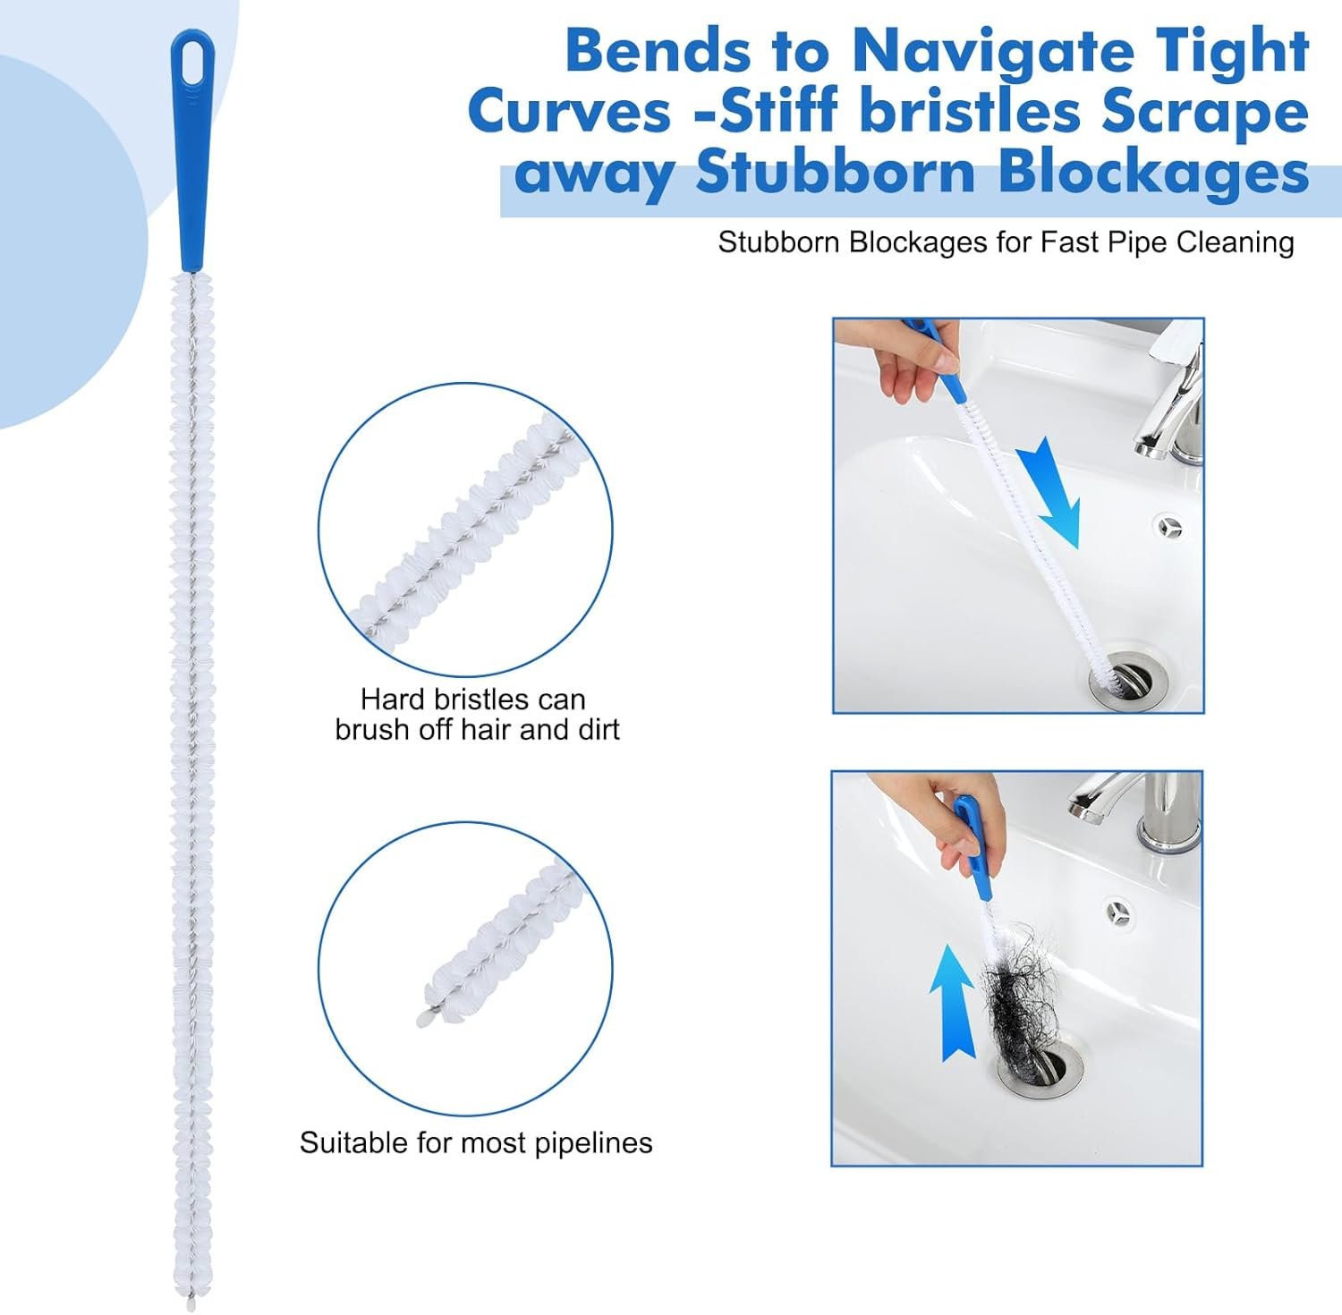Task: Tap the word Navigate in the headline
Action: pos(984,52)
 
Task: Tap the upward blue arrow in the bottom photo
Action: pos(952,1002)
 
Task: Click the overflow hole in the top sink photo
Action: pos(1169,527)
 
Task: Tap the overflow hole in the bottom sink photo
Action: pos(1117,912)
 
